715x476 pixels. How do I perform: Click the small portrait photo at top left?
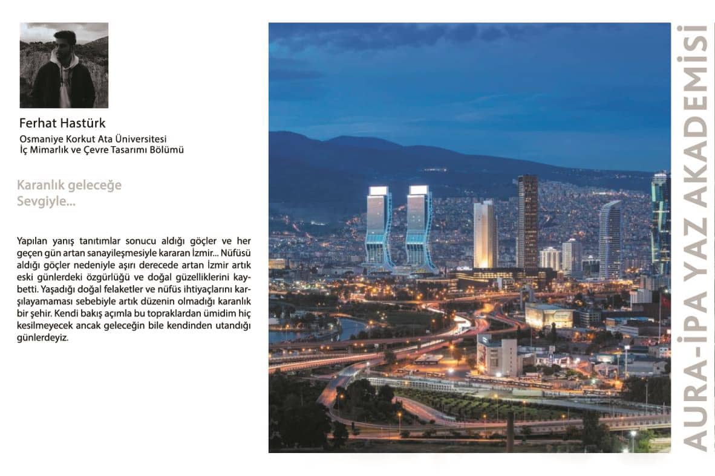tap(64, 65)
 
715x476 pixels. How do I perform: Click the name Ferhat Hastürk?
tap(62, 123)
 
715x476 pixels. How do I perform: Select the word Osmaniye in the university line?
tap(41, 139)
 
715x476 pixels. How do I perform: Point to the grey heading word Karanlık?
tap(42, 185)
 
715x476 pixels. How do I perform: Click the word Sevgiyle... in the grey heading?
tap(46, 201)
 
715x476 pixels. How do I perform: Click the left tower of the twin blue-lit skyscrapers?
tap(379, 227)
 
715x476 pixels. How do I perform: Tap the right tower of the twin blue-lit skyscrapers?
tap(419, 227)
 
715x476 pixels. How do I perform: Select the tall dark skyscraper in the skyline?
tap(527, 220)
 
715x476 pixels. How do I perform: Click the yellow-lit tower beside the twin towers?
tap(485, 234)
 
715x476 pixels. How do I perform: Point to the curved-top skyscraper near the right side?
tap(610, 239)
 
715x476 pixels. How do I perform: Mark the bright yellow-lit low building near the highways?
tap(549, 315)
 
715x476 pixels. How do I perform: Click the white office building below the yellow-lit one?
tap(497, 356)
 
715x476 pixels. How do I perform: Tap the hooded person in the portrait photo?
tap(63, 72)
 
